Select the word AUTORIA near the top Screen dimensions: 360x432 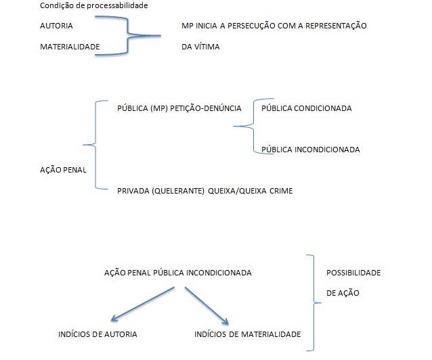click(x=57, y=26)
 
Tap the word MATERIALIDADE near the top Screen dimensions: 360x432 click(x=70, y=47)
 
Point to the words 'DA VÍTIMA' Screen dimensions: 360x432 click(x=201, y=47)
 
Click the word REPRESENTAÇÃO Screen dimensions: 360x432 click(x=332, y=26)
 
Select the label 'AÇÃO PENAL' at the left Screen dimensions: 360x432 click(x=63, y=170)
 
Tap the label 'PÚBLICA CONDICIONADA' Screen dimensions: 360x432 click(x=306, y=108)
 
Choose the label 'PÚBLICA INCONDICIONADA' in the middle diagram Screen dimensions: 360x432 click(x=310, y=149)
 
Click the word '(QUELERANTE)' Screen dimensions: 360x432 click(x=178, y=191)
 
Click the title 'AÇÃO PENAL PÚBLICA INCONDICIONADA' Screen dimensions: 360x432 click(x=178, y=273)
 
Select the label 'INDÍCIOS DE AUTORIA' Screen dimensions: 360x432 click(x=98, y=334)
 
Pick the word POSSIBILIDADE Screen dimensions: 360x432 click(x=353, y=273)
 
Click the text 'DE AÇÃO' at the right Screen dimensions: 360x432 click(x=343, y=294)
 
